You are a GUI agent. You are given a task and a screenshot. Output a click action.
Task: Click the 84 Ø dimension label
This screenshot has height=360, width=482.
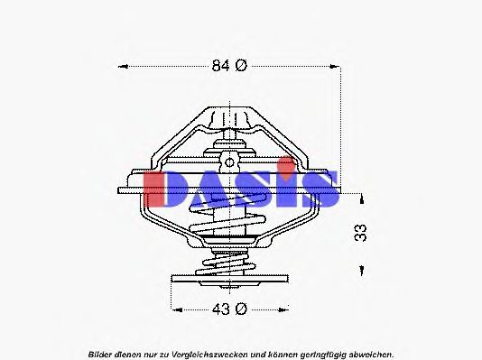click(x=228, y=65)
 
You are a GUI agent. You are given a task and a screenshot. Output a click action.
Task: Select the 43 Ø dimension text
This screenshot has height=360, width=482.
click(x=228, y=309)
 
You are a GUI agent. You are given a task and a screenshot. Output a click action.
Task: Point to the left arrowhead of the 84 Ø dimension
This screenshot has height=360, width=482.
click(x=124, y=65)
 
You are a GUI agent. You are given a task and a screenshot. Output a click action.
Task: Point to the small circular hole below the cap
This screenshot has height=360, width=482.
click(x=228, y=162)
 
